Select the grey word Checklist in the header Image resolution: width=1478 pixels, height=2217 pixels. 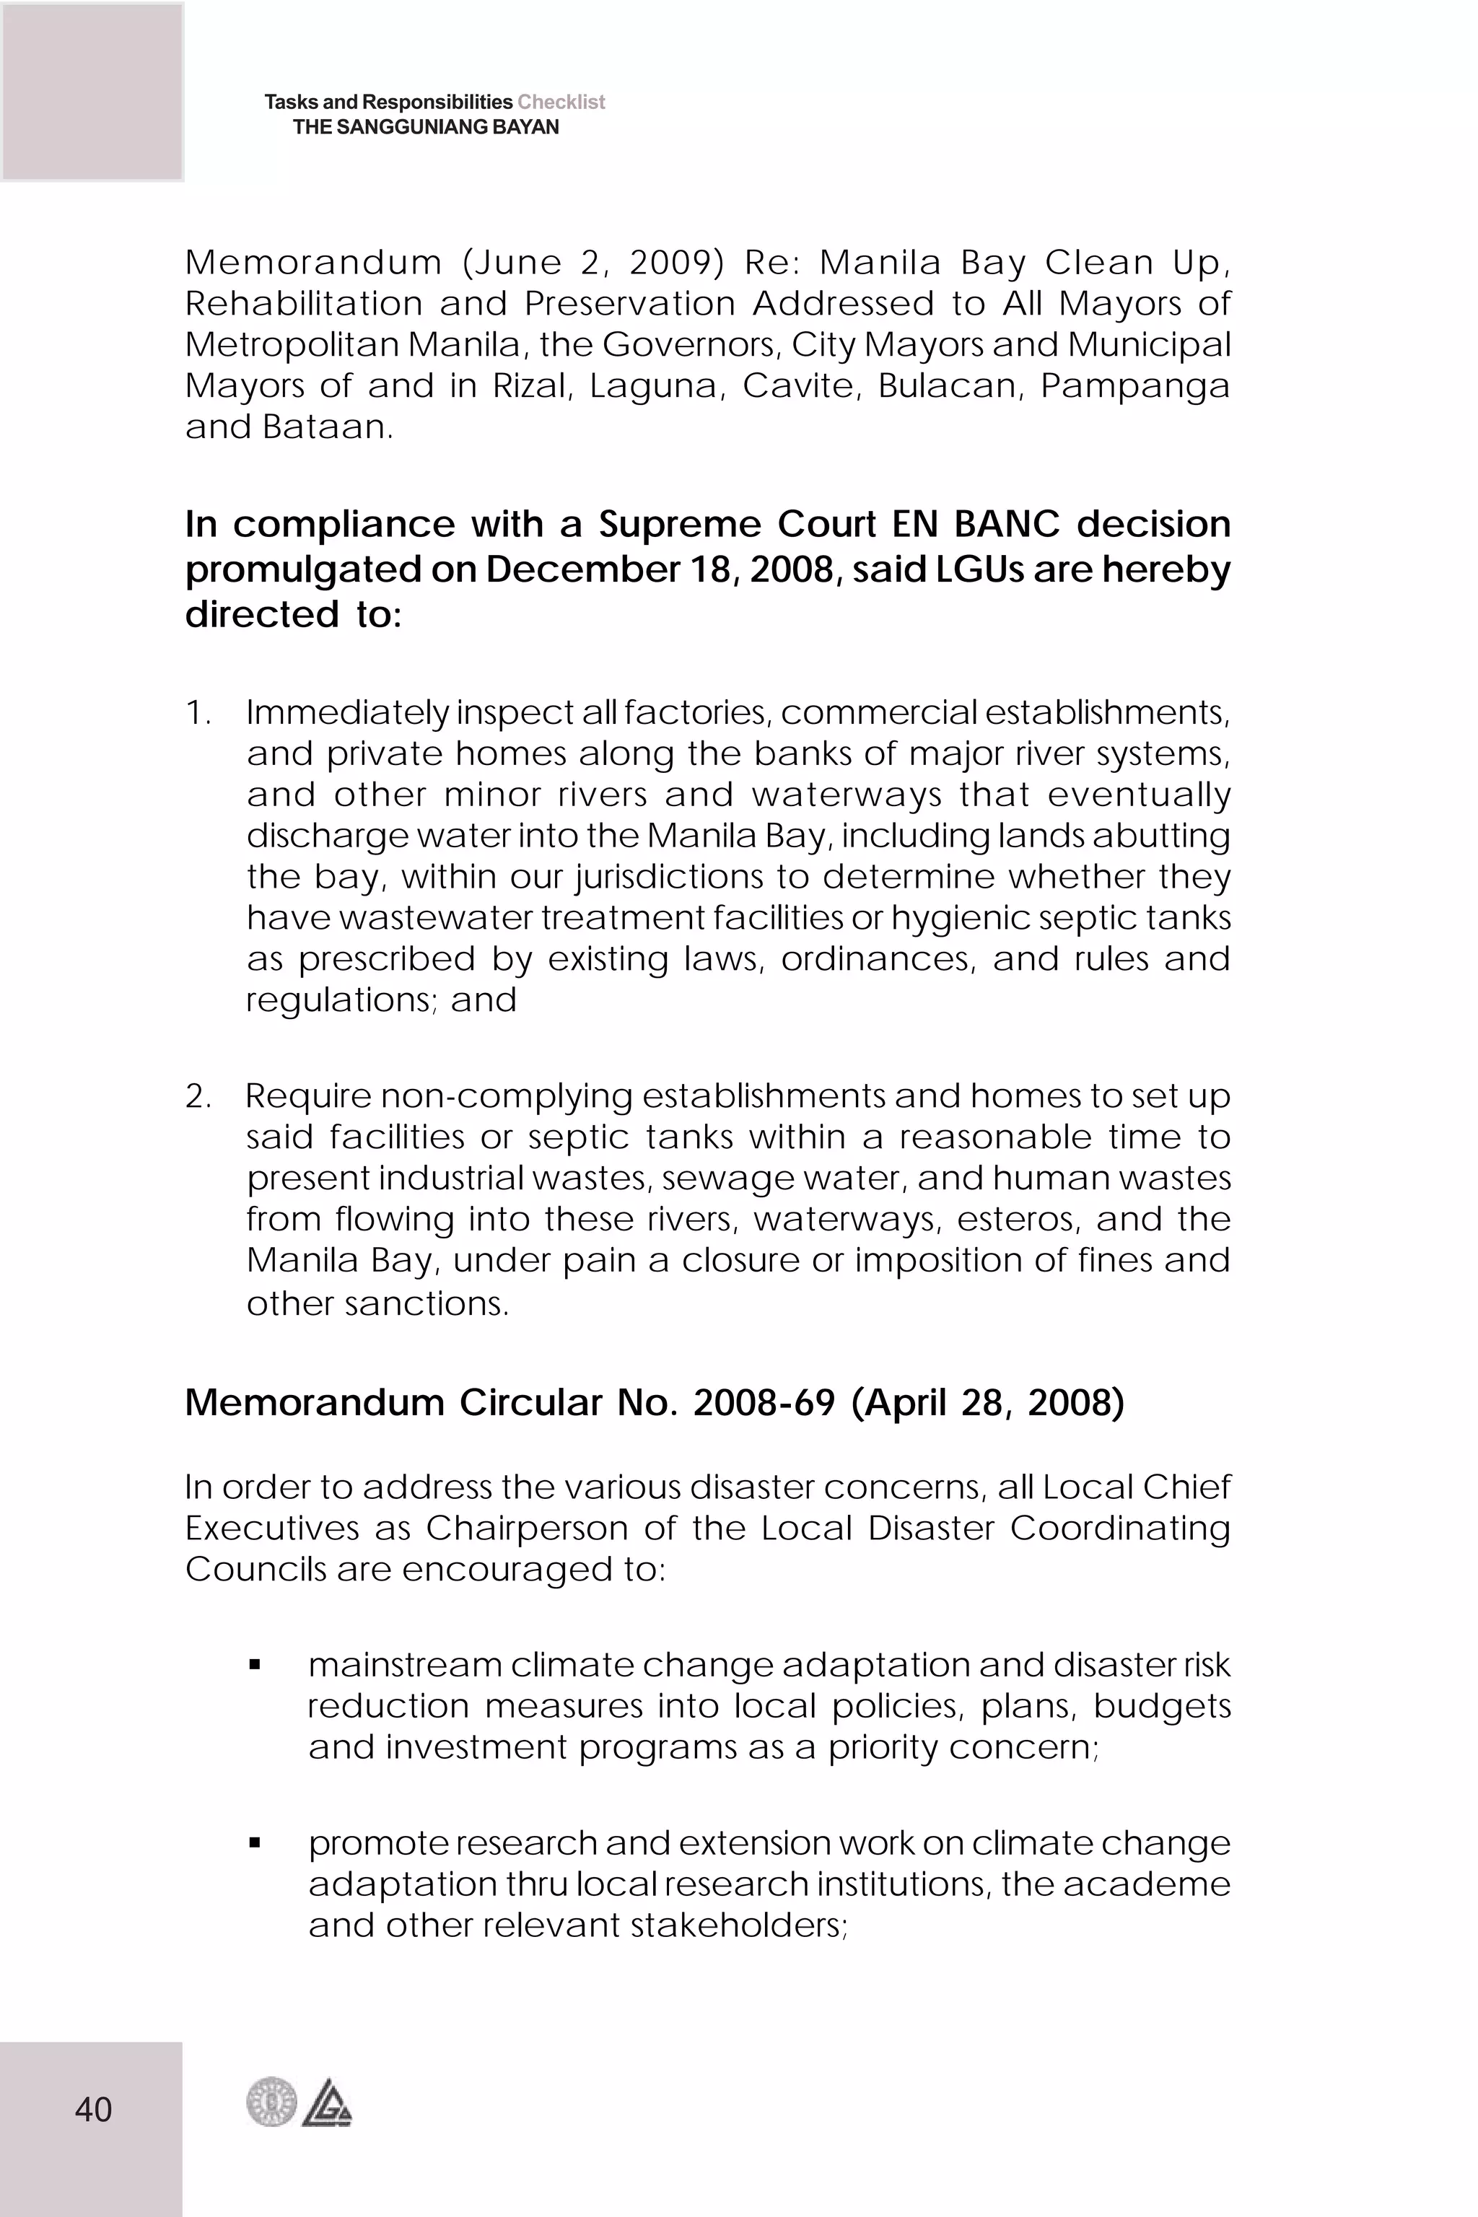click(561, 102)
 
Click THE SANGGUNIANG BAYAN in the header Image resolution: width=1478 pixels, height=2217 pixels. click(425, 127)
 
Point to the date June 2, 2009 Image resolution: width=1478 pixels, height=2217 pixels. click(593, 263)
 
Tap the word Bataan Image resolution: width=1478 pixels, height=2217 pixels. click(326, 428)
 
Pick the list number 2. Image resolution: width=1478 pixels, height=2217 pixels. click(197, 1097)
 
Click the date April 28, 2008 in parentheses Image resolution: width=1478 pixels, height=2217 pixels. click(987, 1404)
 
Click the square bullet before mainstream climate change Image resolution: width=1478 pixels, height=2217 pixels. click(255, 1666)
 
